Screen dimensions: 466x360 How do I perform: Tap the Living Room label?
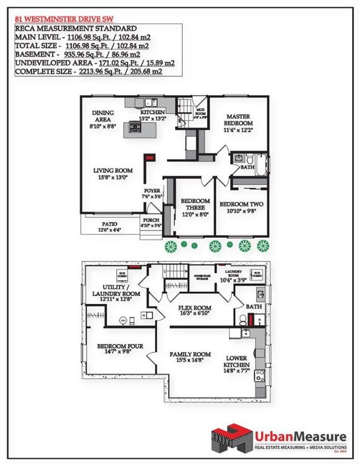click(x=113, y=174)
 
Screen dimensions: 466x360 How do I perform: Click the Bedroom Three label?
click(x=195, y=207)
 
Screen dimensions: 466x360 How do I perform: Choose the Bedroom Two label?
click(x=241, y=208)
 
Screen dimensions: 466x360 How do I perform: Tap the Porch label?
click(x=151, y=223)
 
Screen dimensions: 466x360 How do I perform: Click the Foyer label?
click(x=152, y=194)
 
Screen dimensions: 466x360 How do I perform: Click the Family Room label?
click(x=190, y=357)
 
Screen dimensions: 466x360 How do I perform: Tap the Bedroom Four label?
click(x=120, y=349)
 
